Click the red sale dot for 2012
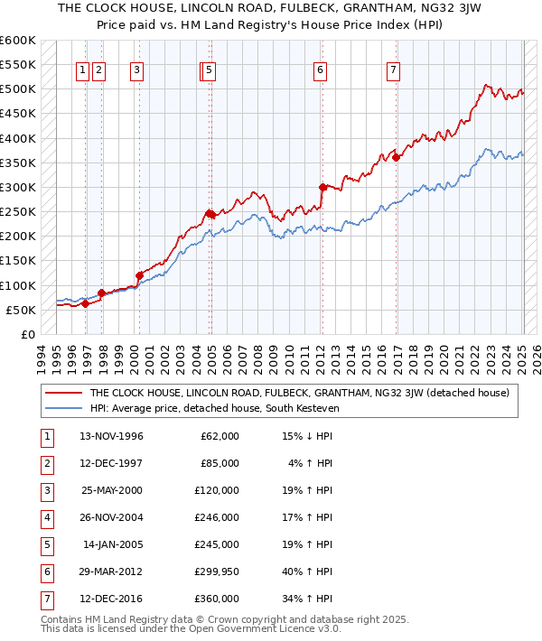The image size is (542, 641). coord(322,188)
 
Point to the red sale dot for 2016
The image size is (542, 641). coord(396,158)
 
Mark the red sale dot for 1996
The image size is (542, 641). coord(85,304)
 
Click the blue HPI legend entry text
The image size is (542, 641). coord(226,408)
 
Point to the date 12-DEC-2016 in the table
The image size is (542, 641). coord(111,598)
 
